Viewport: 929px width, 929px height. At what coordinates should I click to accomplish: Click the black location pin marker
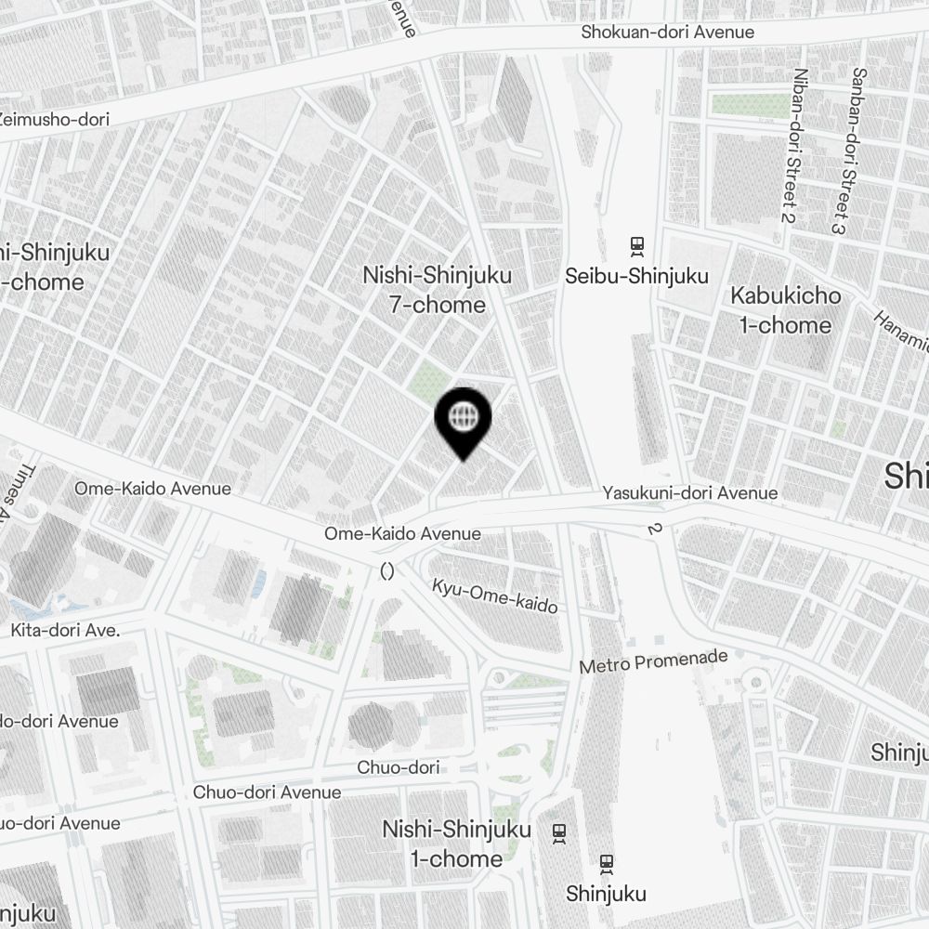click(463, 423)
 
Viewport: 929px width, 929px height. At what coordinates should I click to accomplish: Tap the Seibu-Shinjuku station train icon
click(637, 246)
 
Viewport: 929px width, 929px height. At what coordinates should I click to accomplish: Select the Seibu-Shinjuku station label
click(637, 276)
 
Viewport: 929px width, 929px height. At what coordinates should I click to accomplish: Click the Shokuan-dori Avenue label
click(667, 33)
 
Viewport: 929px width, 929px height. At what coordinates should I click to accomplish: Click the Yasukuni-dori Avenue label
click(690, 493)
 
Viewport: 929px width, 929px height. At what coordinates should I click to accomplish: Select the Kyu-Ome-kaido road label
click(494, 595)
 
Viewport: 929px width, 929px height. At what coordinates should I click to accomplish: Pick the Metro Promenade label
click(653, 662)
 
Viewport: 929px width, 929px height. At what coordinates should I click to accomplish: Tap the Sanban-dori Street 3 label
click(847, 150)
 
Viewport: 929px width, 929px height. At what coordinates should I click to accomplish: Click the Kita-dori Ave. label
click(65, 630)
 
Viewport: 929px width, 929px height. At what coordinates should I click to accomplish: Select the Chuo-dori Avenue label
click(267, 792)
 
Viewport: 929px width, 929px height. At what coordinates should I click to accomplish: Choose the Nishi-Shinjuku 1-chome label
click(456, 844)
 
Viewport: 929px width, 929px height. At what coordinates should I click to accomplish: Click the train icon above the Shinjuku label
click(607, 864)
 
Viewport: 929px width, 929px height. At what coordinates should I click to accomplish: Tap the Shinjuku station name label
click(606, 894)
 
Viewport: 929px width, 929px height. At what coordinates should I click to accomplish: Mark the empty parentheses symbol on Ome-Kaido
click(387, 571)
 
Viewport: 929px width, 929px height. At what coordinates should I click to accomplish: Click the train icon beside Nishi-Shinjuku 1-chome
click(559, 831)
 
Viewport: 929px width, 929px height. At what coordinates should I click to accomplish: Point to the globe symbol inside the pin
click(463, 415)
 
